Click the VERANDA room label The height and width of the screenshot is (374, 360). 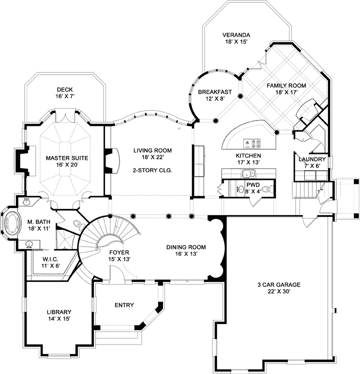point(236,35)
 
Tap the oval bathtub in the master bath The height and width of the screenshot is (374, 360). point(10,222)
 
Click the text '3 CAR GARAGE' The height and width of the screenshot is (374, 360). point(279,285)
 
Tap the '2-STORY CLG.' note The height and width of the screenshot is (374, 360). point(152,170)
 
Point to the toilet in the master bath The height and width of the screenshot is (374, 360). point(77,224)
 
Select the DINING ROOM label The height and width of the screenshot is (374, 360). point(186,247)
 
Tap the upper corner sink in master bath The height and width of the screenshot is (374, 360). point(27,201)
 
